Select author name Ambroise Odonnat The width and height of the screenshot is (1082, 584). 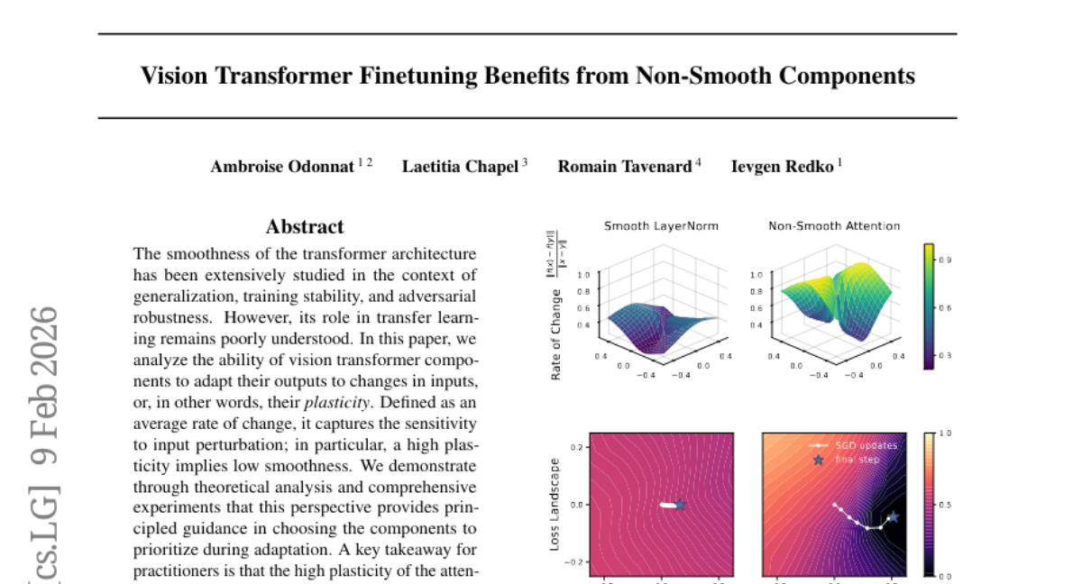click(282, 167)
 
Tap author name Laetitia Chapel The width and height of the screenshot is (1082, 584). click(460, 167)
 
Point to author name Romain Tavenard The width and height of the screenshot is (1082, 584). click(624, 167)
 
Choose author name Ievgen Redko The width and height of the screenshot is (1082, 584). click(783, 167)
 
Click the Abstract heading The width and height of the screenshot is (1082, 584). click(305, 227)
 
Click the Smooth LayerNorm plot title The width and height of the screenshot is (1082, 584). click(661, 226)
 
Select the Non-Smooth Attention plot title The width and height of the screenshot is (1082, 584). click(834, 226)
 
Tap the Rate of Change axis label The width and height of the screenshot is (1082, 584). click(556, 333)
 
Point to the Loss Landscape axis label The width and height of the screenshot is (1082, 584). click(556, 505)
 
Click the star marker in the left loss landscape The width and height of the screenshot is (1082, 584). click(681, 505)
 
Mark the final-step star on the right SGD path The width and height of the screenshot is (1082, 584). click(894, 516)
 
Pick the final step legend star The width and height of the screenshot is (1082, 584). click(819, 460)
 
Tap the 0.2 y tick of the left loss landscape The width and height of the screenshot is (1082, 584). click(577, 447)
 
